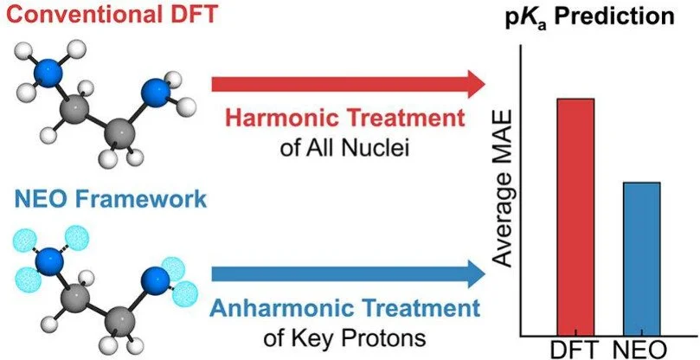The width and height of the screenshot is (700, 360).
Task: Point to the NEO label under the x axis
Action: point(640,349)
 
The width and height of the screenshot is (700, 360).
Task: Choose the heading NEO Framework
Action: point(104,200)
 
